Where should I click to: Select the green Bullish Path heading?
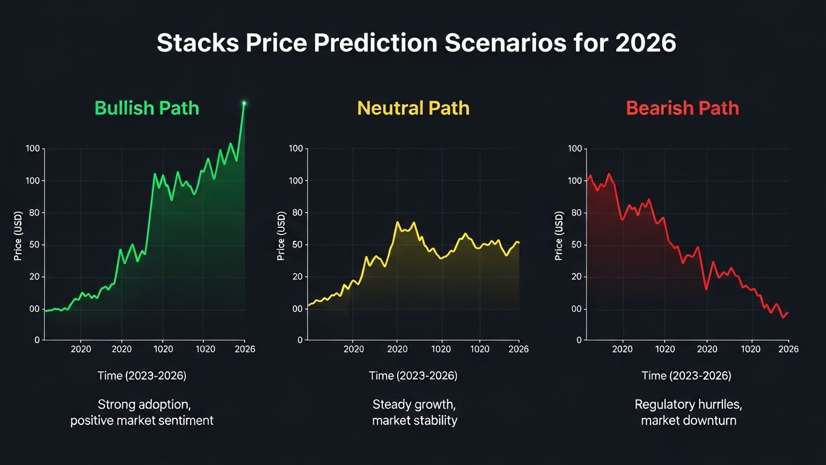[146, 108]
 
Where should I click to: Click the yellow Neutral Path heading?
[413, 108]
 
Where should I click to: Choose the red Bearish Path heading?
[682, 108]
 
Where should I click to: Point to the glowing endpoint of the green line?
[244, 103]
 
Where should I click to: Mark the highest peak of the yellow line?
[398, 222]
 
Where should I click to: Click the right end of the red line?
[787, 312]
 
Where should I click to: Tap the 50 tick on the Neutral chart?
[296, 245]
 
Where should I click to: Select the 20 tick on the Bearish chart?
[575, 277]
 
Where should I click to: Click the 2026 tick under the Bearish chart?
[788, 349]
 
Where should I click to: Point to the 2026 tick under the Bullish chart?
[244, 349]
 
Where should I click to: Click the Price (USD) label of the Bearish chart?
[559, 236]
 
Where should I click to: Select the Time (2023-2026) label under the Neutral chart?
[413, 376]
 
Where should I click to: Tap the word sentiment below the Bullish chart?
[186, 420]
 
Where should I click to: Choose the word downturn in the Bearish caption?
[708, 420]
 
